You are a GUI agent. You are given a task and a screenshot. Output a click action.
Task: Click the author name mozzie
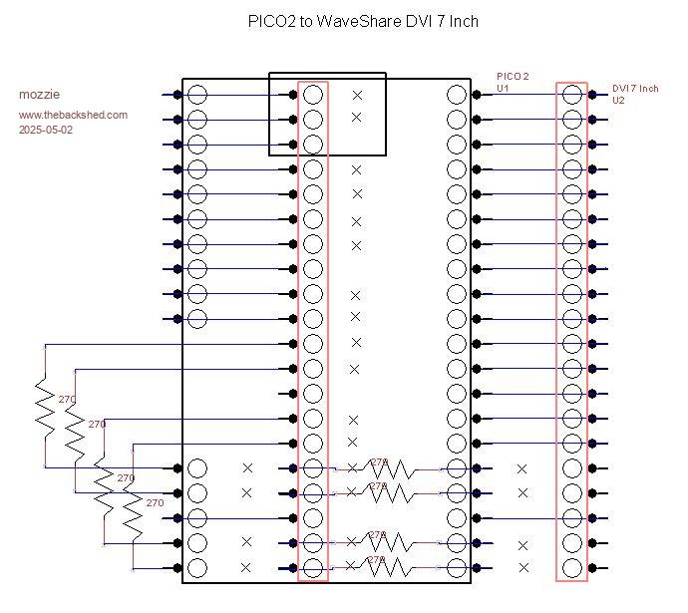click(x=39, y=95)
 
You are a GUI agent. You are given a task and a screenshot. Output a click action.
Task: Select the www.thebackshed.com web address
click(x=73, y=115)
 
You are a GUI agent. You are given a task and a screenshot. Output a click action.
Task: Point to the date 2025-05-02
click(x=46, y=130)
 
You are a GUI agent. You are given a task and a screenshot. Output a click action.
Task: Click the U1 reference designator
click(x=503, y=88)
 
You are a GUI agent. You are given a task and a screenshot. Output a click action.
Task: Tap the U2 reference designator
click(x=618, y=100)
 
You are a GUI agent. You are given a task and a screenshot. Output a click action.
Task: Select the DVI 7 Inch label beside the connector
click(x=635, y=89)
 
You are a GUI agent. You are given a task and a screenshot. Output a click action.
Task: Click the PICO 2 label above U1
click(x=513, y=77)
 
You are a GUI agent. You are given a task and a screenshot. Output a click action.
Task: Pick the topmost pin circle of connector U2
click(x=572, y=95)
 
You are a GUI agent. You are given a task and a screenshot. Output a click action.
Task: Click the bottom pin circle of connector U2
click(x=572, y=568)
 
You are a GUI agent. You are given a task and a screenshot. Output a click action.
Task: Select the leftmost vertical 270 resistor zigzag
click(x=45, y=406)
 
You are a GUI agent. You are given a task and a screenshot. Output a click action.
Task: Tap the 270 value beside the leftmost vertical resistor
click(x=67, y=400)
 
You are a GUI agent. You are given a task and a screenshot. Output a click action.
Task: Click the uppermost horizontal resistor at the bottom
click(x=396, y=468)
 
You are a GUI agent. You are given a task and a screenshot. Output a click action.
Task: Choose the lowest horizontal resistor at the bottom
click(x=396, y=568)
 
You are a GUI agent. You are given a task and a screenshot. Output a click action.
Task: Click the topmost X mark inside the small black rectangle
click(x=357, y=96)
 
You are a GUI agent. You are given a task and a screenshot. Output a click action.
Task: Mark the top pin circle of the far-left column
click(x=197, y=95)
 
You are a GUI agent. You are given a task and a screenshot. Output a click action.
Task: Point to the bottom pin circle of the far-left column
click(x=197, y=568)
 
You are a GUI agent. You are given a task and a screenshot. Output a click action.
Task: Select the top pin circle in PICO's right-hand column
click(x=457, y=95)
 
